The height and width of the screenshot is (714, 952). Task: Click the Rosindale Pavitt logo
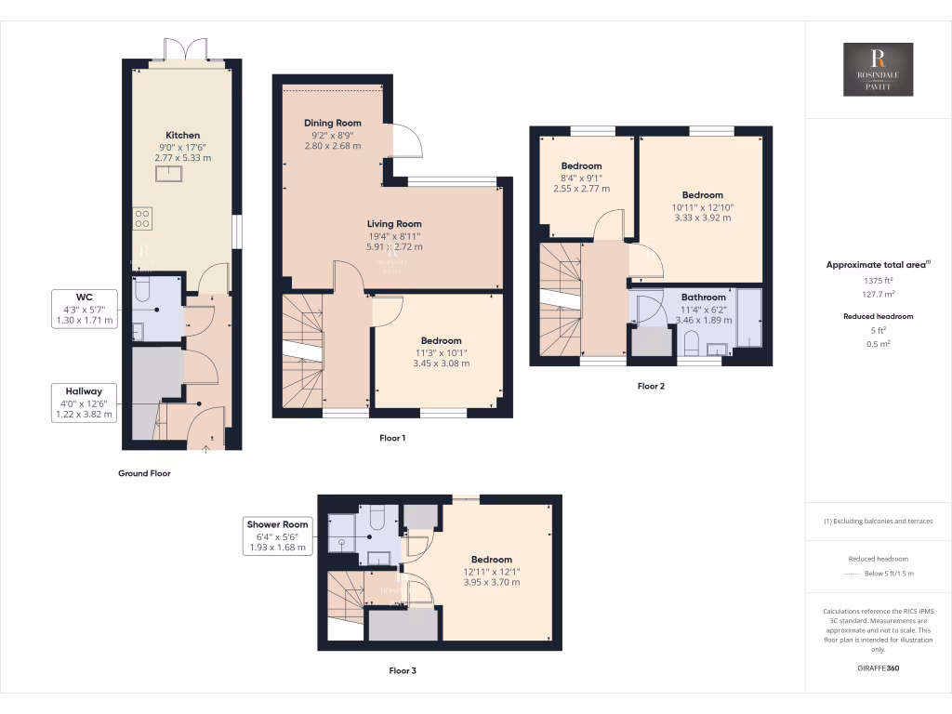click(878, 70)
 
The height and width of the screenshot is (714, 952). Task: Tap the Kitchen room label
click(182, 136)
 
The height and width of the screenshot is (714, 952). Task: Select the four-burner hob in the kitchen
click(143, 218)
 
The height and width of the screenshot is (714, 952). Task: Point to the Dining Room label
click(332, 123)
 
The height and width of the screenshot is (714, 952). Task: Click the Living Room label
click(394, 224)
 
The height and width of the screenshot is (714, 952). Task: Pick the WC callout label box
click(85, 309)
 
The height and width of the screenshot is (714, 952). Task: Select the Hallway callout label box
click(85, 403)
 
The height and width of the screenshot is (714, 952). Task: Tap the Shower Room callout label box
click(277, 536)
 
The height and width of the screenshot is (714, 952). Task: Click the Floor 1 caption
click(392, 437)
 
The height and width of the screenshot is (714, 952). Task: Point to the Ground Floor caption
click(144, 473)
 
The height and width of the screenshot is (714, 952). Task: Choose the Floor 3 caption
click(408, 669)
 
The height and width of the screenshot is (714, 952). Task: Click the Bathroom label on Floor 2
click(703, 297)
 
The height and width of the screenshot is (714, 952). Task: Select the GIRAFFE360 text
click(878, 668)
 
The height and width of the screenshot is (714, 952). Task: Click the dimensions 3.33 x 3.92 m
click(702, 218)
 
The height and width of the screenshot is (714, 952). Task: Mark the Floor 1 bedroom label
click(441, 341)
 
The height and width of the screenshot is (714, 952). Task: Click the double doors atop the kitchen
click(182, 51)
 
